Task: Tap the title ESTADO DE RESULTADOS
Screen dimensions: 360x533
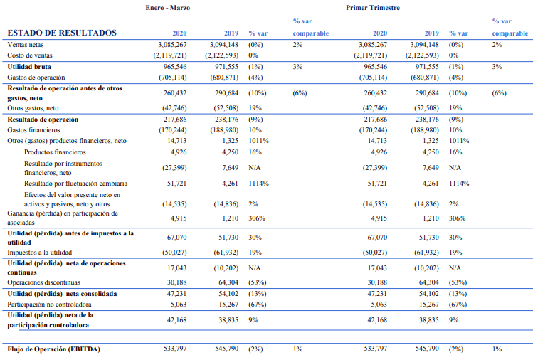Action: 61,33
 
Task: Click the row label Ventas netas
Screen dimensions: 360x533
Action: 26,45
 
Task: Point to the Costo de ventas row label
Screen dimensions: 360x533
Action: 30,55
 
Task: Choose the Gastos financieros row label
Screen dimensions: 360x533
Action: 35,131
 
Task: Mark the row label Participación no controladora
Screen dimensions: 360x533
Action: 51,303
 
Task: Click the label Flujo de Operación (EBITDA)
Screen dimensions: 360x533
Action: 53,350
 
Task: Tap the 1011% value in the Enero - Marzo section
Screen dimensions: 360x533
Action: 258,142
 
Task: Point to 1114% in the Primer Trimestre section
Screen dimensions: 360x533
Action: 459,184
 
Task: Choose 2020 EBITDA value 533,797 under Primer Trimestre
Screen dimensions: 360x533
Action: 371,350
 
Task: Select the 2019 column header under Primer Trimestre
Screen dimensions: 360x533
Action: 431,33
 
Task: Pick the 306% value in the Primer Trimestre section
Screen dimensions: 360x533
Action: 458,218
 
